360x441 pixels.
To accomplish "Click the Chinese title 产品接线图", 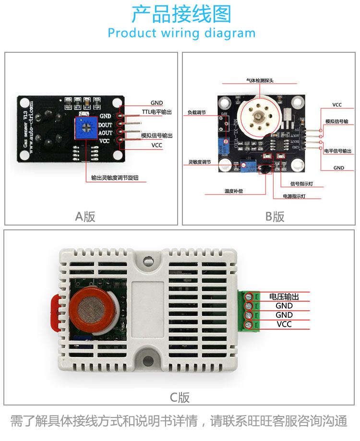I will (x=181, y=14).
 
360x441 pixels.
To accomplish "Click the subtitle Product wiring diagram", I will (x=181, y=33).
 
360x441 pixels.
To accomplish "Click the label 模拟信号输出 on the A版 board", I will (x=157, y=136).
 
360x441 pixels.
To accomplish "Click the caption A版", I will (x=85, y=216).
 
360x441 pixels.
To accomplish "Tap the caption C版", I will (x=180, y=397).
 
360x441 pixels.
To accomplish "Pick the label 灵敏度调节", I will (x=200, y=163).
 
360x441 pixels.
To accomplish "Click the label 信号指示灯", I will (x=302, y=183).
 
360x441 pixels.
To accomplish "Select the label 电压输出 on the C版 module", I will (x=284, y=297).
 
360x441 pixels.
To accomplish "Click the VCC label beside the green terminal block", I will (x=284, y=324).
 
